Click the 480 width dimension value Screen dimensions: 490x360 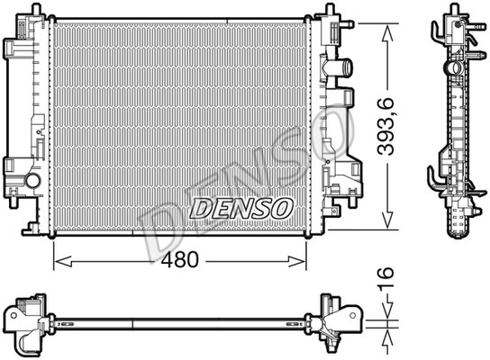(179, 260)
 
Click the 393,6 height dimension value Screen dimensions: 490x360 (386, 127)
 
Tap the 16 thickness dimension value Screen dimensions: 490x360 (386, 278)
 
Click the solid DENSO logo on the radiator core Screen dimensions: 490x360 (241, 209)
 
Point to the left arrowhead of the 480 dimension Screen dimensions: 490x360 (63, 261)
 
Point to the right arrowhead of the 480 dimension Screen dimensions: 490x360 (296, 261)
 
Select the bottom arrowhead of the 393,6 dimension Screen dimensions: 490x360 (387, 220)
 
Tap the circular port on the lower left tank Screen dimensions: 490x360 (32, 181)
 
